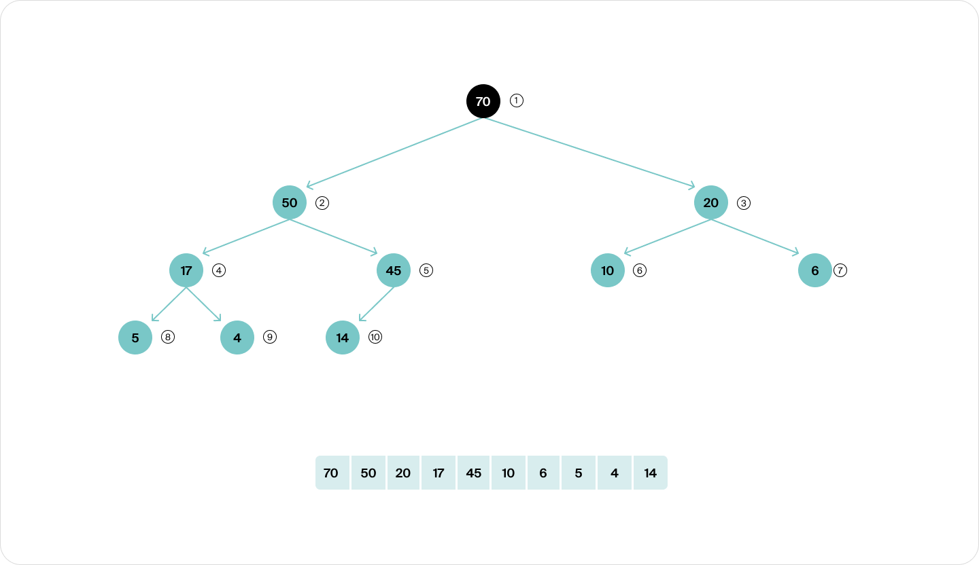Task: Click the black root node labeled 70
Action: (483, 101)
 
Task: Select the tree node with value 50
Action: (290, 202)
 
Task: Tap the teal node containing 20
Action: (710, 202)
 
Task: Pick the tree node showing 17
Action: (186, 270)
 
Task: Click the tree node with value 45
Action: (394, 270)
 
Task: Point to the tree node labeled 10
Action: (608, 270)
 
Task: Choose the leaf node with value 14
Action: (342, 338)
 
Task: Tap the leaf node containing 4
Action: (237, 338)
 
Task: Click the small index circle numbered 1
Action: (516, 101)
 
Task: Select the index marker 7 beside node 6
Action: (840, 270)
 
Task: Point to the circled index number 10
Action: (375, 337)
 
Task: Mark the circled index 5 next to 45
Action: (426, 270)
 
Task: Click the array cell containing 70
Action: (332, 473)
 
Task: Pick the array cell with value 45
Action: (473, 473)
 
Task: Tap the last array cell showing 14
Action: (651, 473)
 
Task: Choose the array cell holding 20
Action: (403, 473)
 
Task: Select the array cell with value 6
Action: (543, 473)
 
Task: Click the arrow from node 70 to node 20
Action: (589, 153)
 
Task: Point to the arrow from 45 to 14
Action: (376, 304)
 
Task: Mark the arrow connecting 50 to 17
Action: (246, 237)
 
